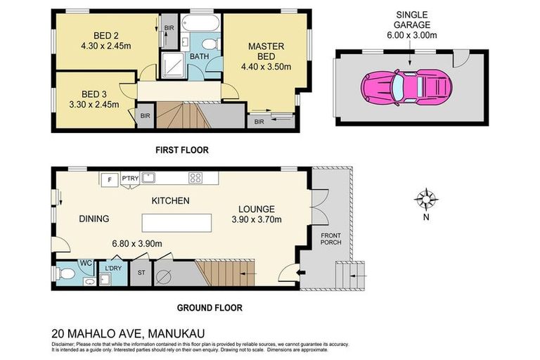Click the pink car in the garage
click(x=406, y=86)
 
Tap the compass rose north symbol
click(x=425, y=200)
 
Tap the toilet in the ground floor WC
click(x=67, y=274)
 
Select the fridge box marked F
click(x=109, y=179)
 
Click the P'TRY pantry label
click(x=130, y=178)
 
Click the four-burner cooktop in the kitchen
click(x=196, y=177)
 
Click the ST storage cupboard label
click(x=141, y=272)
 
